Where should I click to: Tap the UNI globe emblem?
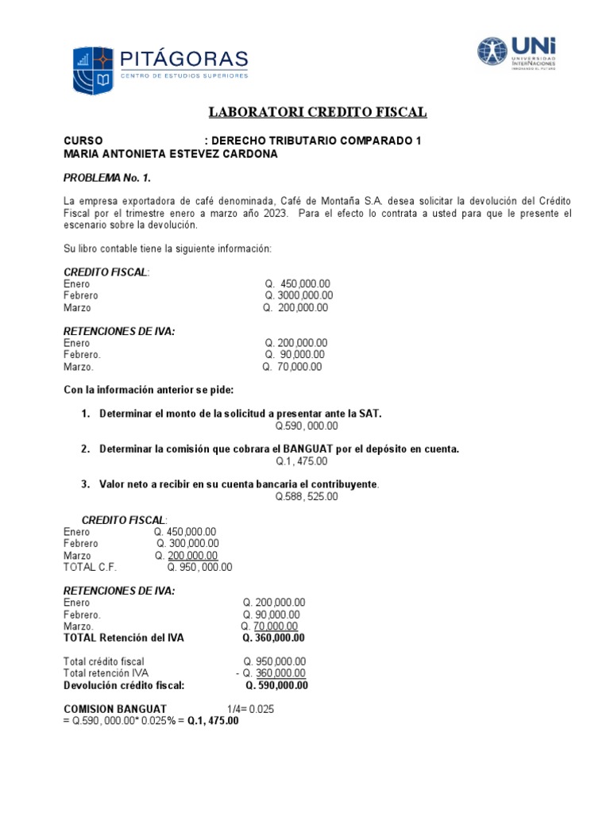496,52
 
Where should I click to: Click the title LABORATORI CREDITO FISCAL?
318,113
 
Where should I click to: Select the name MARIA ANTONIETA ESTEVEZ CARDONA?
171,154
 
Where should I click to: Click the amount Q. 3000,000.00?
299,296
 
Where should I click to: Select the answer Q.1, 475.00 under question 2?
302,461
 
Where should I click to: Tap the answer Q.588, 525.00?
307,497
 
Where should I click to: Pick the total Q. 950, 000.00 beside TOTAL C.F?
199,568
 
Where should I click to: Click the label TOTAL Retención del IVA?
123,638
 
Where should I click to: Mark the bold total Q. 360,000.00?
274,638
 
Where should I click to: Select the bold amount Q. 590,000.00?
276,686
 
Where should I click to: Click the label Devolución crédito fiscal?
124,686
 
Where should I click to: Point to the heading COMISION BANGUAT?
115,709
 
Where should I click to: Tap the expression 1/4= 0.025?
250,709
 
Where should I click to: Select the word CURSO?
83,141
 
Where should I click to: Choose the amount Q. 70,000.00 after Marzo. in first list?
292,368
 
